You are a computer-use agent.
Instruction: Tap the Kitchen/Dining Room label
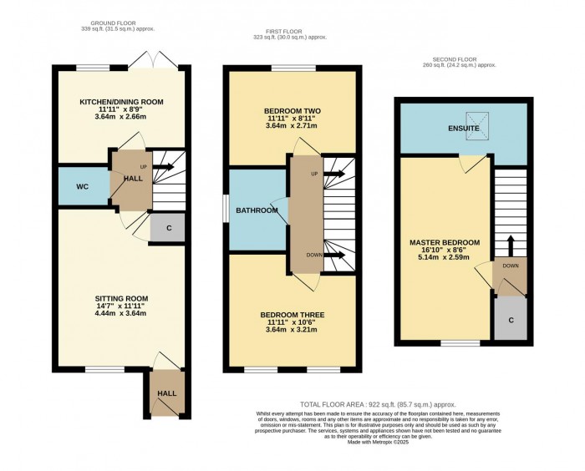click(121, 102)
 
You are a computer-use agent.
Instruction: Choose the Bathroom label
click(256, 210)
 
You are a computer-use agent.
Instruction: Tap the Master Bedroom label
click(445, 243)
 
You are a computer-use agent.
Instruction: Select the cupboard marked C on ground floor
click(167, 226)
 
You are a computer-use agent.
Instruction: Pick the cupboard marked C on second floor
click(510, 318)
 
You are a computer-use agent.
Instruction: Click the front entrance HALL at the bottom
click(167, 392)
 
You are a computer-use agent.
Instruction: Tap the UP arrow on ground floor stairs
click(161, 168)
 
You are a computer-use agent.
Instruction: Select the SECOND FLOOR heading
click(459, 58)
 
